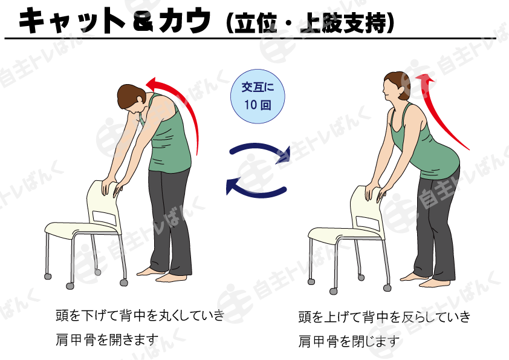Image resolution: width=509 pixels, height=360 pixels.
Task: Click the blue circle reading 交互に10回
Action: point(258,96)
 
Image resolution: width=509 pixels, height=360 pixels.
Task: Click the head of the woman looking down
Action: point(131,97)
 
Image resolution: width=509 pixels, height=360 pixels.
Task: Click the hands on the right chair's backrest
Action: point(375,194)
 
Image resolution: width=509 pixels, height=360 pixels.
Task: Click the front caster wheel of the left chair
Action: point(70,286)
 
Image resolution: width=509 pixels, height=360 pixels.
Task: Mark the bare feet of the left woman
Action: point(162,275)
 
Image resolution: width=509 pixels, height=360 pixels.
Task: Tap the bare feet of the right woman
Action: point(425,280)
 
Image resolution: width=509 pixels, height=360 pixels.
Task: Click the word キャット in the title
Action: point(71,20)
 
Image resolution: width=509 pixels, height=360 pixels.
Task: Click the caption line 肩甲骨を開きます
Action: point(107,340)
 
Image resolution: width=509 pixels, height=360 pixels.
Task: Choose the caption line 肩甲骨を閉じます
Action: point(349,341)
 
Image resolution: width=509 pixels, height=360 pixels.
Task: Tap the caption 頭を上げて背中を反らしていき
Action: point(384,317)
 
